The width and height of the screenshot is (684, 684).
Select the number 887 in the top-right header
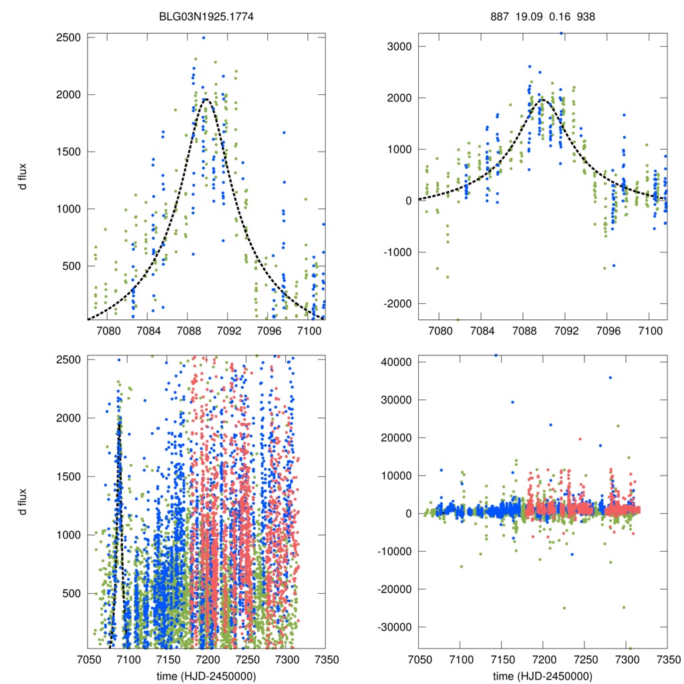(498, 15)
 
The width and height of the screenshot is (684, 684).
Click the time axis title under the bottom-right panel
(543, 677)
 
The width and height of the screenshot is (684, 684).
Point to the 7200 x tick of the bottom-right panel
(543, 658)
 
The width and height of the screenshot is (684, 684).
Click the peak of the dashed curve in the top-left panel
(206, 100)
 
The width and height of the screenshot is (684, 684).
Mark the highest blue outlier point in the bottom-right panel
(496, 355)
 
